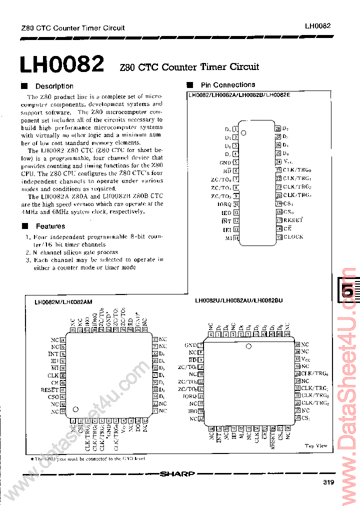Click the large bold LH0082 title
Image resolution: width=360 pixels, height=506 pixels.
pos(61,65)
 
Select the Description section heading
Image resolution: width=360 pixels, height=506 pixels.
pos(54,86)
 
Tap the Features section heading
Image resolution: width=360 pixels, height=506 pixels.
pos(50,226)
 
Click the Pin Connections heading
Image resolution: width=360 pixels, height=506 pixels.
pos(227,85)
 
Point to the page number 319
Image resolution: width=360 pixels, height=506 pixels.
pos(328,482)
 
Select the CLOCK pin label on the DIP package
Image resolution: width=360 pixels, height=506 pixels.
pos(293,236)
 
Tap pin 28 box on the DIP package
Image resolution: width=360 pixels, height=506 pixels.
pos(278,128)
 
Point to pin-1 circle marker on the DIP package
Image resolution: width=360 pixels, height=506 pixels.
pos(244,132)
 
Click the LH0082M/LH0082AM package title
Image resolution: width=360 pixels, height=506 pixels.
pos(66,302)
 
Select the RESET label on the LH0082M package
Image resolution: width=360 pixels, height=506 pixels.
pos(49,389)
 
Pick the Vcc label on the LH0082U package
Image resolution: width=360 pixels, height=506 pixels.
pos(305,359)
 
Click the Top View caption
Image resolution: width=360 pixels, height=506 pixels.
pos(316,446)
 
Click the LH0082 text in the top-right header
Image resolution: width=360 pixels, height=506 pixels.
pos(317,26)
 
